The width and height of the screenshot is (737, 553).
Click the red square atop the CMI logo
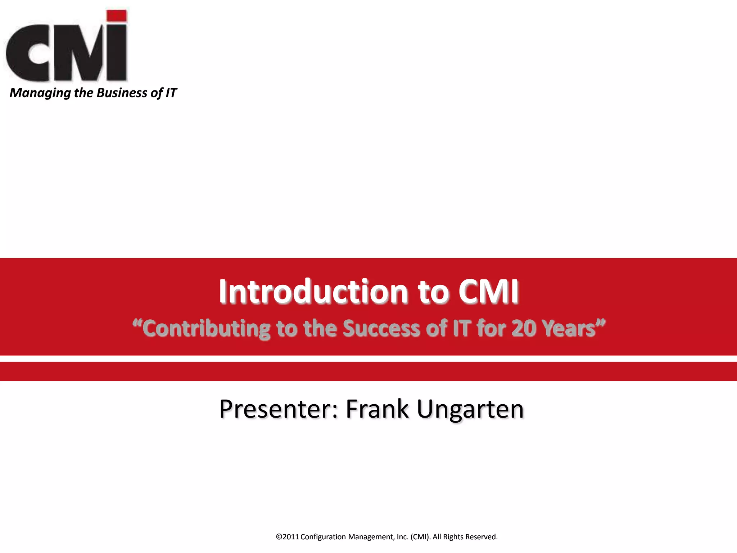[x=117, y=16]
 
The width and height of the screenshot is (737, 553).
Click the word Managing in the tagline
[x=40, y=93]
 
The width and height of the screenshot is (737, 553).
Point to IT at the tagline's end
[x=171, y=93]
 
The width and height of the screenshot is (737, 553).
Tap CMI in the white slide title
[x=488, y=292]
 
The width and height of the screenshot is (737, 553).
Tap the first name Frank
[x=377, y=409]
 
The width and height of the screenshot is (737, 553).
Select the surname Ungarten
[x=470, y=409]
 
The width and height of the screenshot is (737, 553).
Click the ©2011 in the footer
[x=287, y=537]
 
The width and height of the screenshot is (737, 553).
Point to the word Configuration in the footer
[x=323, y=537]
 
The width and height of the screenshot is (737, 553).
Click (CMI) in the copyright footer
[x=420, y=537]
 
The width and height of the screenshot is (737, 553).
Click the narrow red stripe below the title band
[x=368, y=371]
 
